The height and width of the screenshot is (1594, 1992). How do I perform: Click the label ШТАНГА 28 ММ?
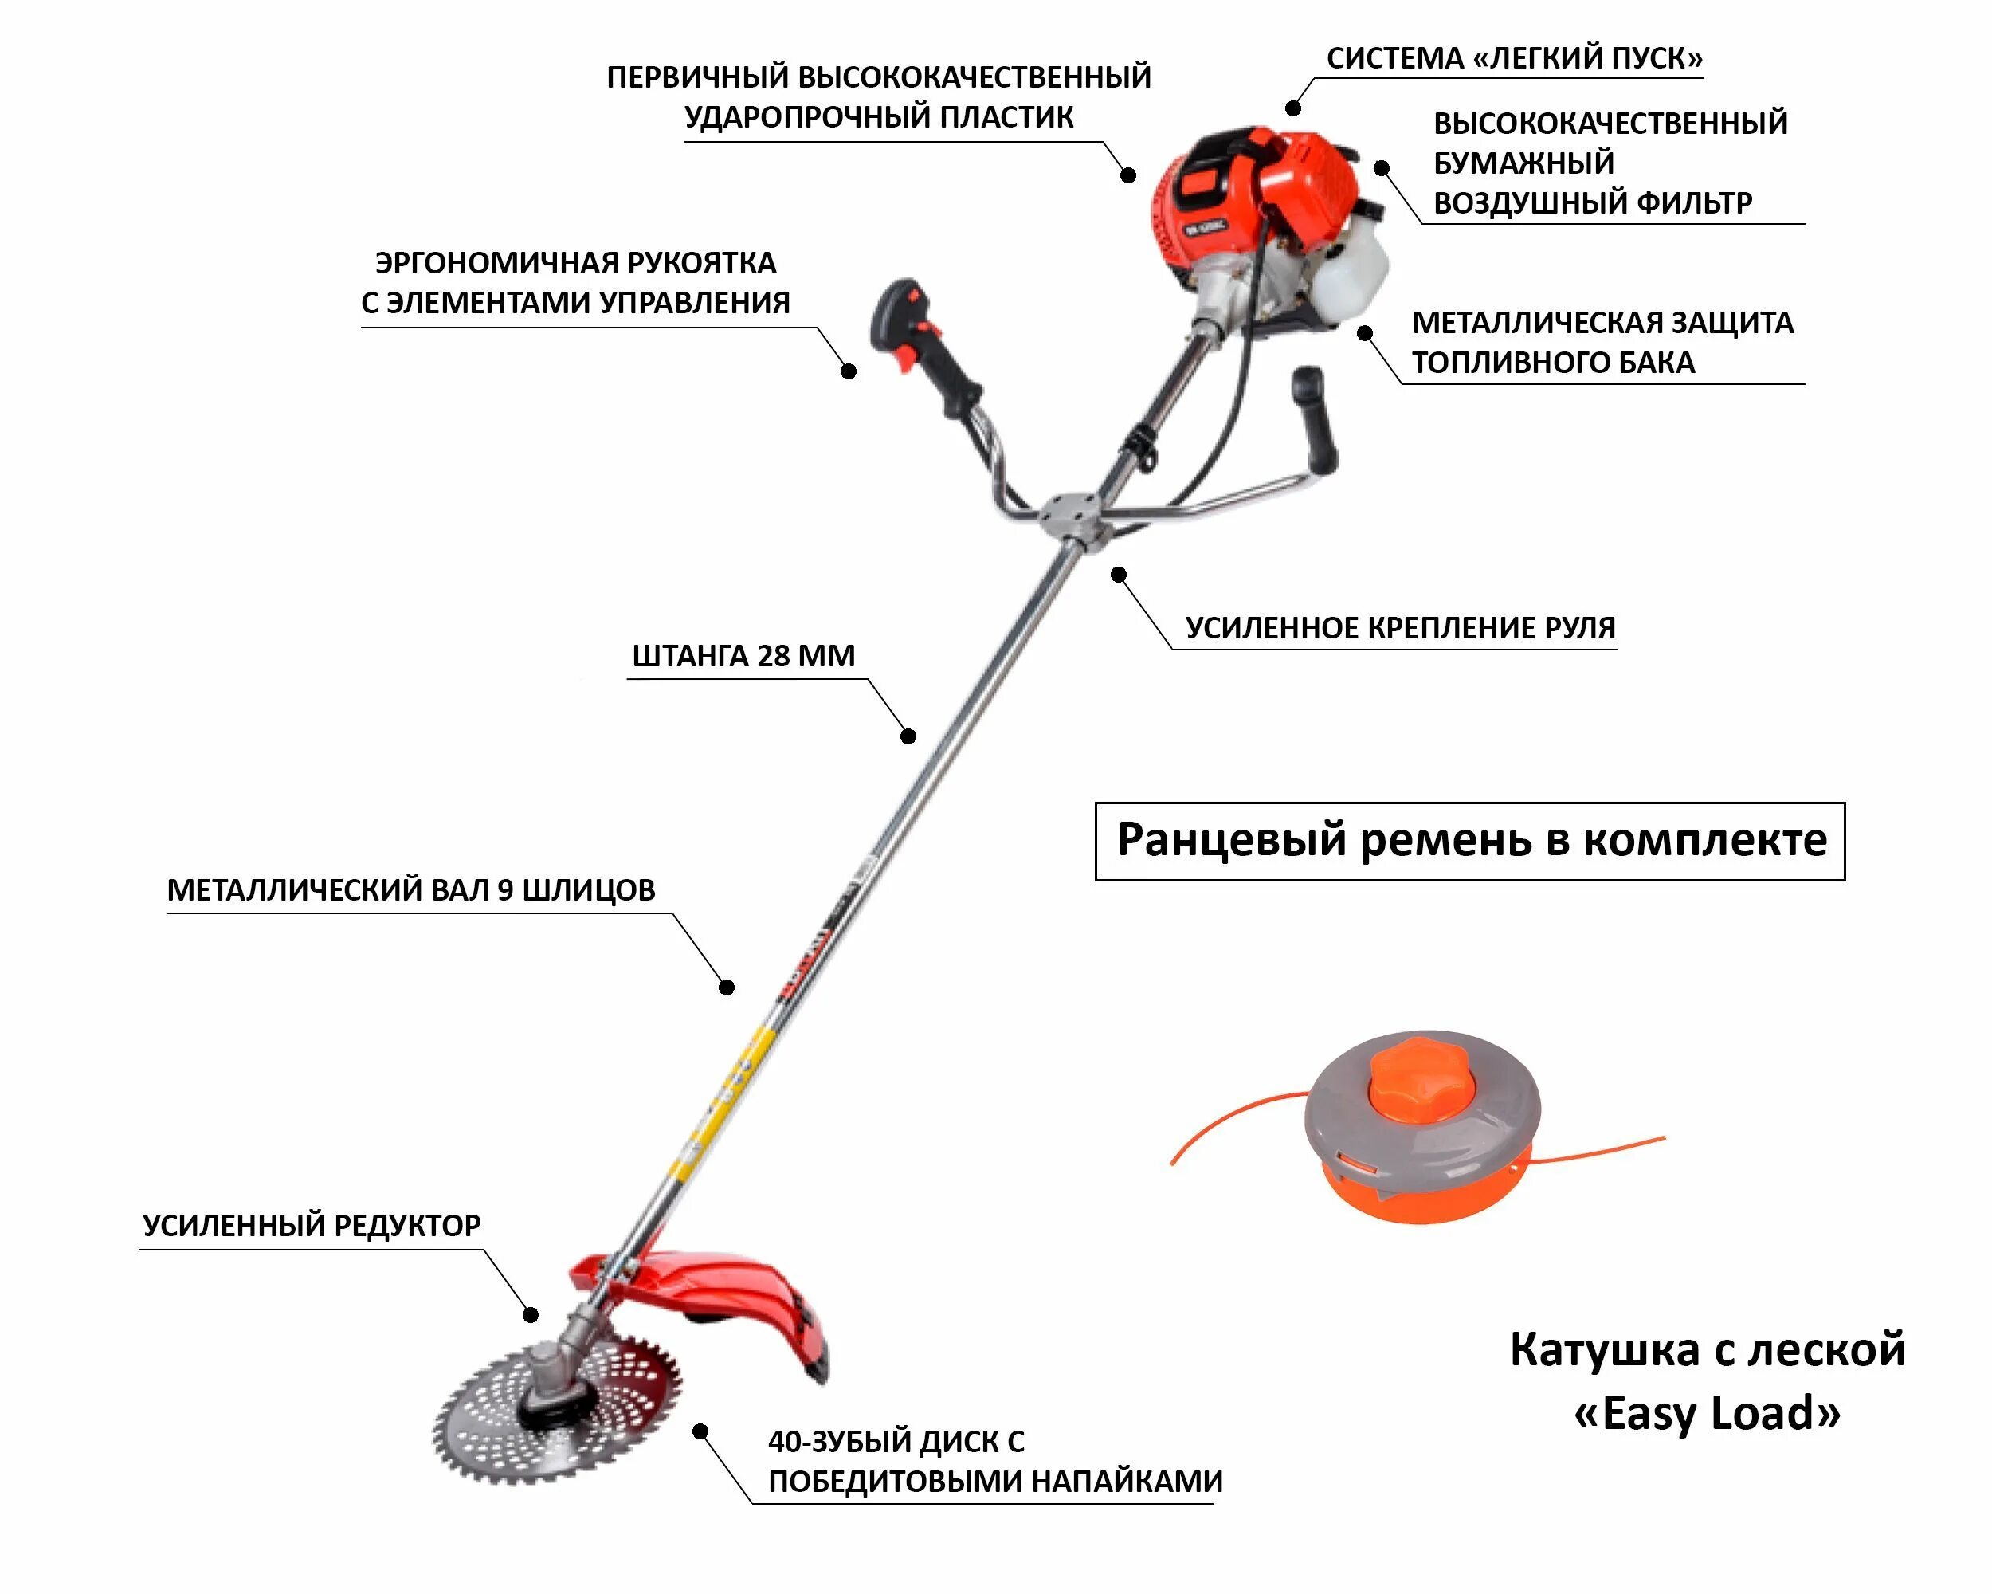click(743, 656)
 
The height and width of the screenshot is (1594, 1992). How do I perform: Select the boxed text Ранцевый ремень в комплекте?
click(1470, 841)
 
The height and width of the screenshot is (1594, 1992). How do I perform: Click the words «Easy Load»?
click(1707, 1414)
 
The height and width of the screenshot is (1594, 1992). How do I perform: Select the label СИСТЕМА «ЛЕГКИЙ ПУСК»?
click(1515, 58)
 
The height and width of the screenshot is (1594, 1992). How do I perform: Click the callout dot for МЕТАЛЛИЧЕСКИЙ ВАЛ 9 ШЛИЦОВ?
click(727, 987)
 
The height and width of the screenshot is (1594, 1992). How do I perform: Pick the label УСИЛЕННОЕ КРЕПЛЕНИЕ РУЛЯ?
click(1400, 628)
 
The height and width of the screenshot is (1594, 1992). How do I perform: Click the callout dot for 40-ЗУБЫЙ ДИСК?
click(701, 1432)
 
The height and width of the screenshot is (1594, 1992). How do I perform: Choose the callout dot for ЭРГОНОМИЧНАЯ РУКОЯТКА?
click(848, 371)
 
